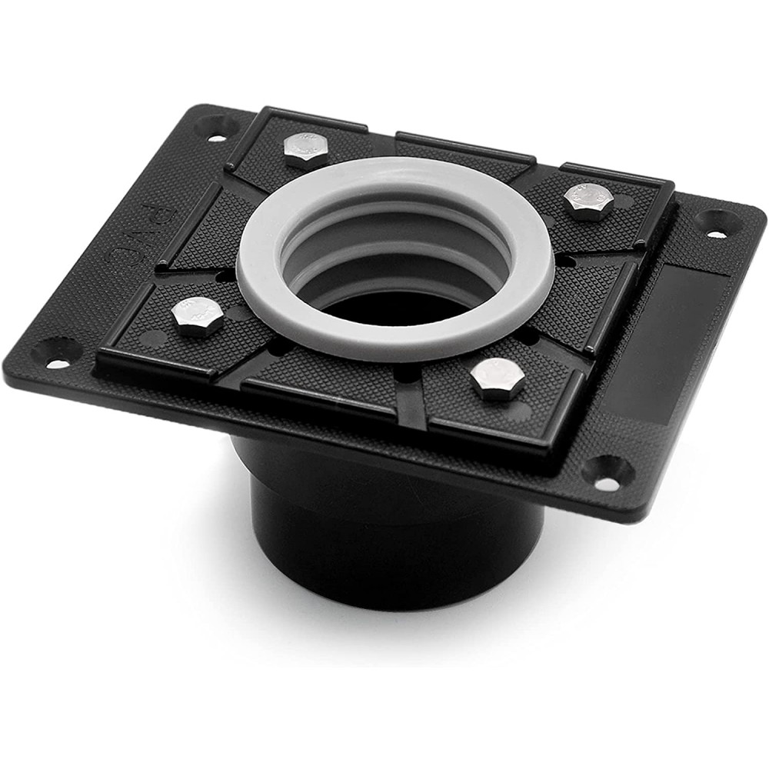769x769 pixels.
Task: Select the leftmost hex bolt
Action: pyautogui.click(x=196, y=316)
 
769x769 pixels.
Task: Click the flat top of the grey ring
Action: pyautogui.click(x=395, y=338)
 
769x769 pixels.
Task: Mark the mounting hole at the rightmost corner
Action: pyautogui.click(x=716, y=224)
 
